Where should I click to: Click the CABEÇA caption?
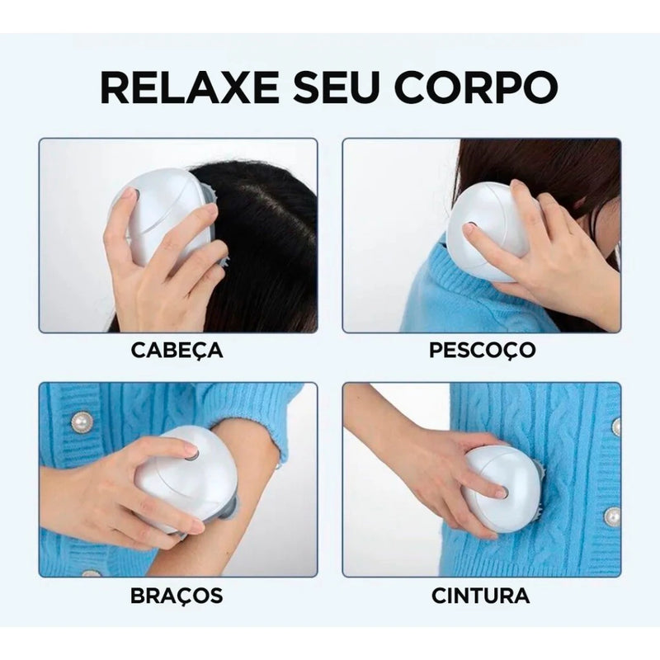tap(177, 349)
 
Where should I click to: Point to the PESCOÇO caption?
tap(483, 349)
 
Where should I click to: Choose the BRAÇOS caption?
tap(177, 595)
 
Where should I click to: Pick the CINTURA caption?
tap(481, 595)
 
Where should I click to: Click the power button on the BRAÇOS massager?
tap(191, 453)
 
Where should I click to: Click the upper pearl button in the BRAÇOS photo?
tap(82, 422)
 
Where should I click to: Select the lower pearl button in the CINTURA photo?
tap(611, 516)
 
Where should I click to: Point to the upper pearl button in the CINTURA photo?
tap(615, 426)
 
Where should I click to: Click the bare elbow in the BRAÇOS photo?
tap(256, 462)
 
